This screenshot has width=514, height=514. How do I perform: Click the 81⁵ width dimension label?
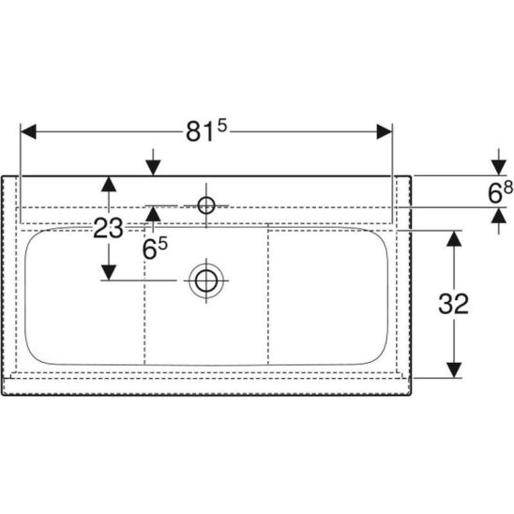[206, 130]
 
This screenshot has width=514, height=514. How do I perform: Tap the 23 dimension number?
[108, 229]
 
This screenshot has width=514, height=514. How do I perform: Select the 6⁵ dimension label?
[155, 249]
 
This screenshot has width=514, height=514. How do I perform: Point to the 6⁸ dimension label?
[500, 192]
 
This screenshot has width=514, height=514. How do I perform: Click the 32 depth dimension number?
[453, 304]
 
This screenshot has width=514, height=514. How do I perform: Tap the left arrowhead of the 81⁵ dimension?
[28, 131]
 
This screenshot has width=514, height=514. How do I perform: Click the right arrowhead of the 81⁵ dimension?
[385, 131]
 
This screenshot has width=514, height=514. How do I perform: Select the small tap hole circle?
[206, 205]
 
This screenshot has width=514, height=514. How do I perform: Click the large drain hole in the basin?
[206, 281]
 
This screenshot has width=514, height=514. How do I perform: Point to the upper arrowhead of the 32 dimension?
[454, 238]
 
